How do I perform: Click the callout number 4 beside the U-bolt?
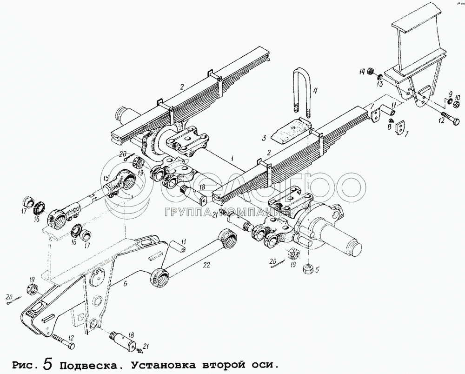[x=315, y=91]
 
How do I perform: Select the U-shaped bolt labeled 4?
[x=301, y=93]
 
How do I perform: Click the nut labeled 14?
[x=372, y=72]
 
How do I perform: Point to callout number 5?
[x=318, y=268]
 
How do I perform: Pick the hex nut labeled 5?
[x=308, y=268]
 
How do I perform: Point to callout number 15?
[x=106, y=178]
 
